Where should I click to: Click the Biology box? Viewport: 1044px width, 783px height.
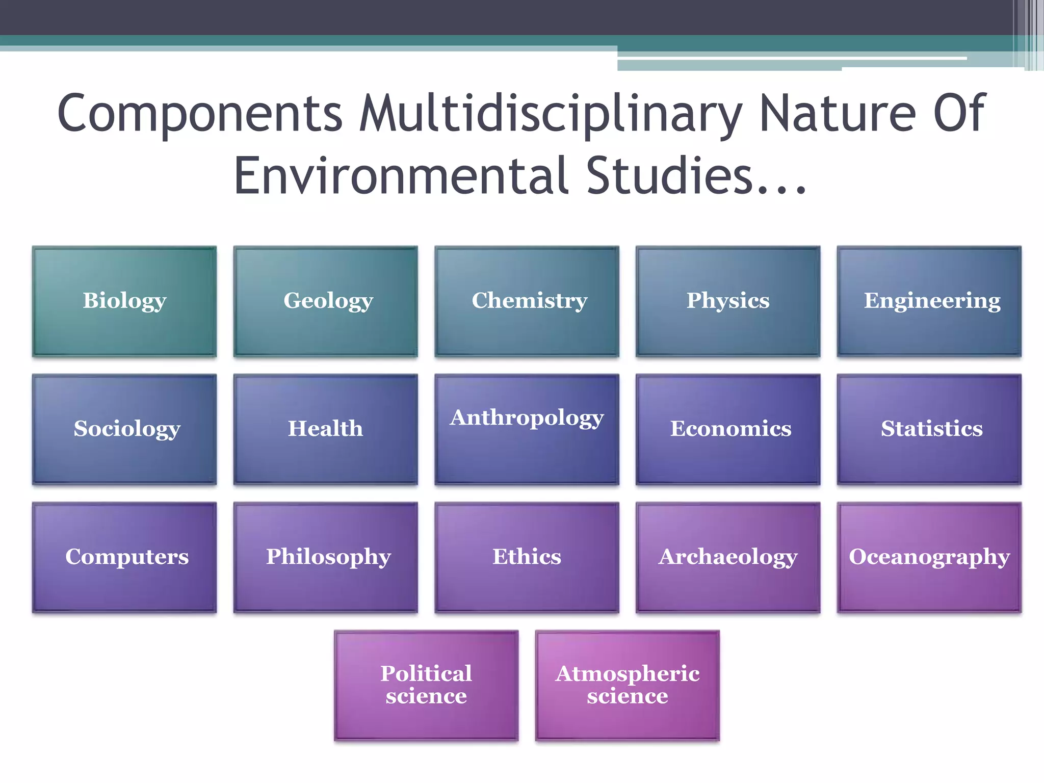(124, 301)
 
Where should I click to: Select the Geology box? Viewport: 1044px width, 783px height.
(326, 301)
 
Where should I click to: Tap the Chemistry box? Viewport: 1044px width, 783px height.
(527, 301)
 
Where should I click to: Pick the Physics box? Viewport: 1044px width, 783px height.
(728, 301)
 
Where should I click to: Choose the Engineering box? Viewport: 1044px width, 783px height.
(929, 301)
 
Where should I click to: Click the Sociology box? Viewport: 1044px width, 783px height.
(124, 429)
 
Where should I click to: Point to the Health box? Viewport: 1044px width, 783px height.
(326, 429)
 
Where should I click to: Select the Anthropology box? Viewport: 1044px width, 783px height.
(527, 429)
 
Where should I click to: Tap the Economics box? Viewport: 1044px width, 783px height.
(728, 429)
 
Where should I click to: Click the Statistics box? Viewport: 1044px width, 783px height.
(929, 429)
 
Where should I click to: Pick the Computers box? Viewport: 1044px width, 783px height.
(124, 557)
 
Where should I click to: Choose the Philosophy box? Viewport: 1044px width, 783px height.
(326, 557)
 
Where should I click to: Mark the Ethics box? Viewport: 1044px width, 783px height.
(527, 557)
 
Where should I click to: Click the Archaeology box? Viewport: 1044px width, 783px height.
(728, 557)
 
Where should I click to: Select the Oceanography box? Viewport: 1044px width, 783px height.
(929, 557)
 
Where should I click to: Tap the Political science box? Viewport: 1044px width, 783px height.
(426, 685)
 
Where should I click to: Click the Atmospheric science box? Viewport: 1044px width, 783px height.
(627, 685)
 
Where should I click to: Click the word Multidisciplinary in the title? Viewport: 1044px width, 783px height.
(551, 114)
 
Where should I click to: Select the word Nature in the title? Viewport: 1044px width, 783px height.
(838, 113)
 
